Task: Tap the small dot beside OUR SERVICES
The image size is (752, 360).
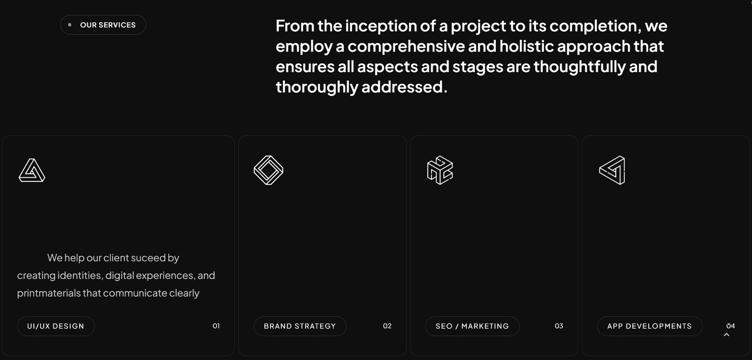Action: (70, 24)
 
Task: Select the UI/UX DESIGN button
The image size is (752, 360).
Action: (56, 326)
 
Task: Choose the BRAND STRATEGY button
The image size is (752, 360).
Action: (300, 326)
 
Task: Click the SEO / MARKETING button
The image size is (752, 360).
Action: (472, 326)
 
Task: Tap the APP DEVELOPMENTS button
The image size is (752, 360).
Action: (650, 326)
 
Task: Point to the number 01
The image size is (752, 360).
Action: (216, 326)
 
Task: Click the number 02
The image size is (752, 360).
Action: (387, 326)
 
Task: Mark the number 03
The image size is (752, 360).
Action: (559, 326)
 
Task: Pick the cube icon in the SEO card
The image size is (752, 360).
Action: (440, 170)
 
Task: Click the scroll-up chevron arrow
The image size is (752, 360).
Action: (727, 335)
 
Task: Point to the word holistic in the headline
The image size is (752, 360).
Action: (526, 46)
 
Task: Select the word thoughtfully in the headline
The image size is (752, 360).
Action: (580, 66)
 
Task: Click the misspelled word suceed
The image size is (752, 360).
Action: (148, 258)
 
